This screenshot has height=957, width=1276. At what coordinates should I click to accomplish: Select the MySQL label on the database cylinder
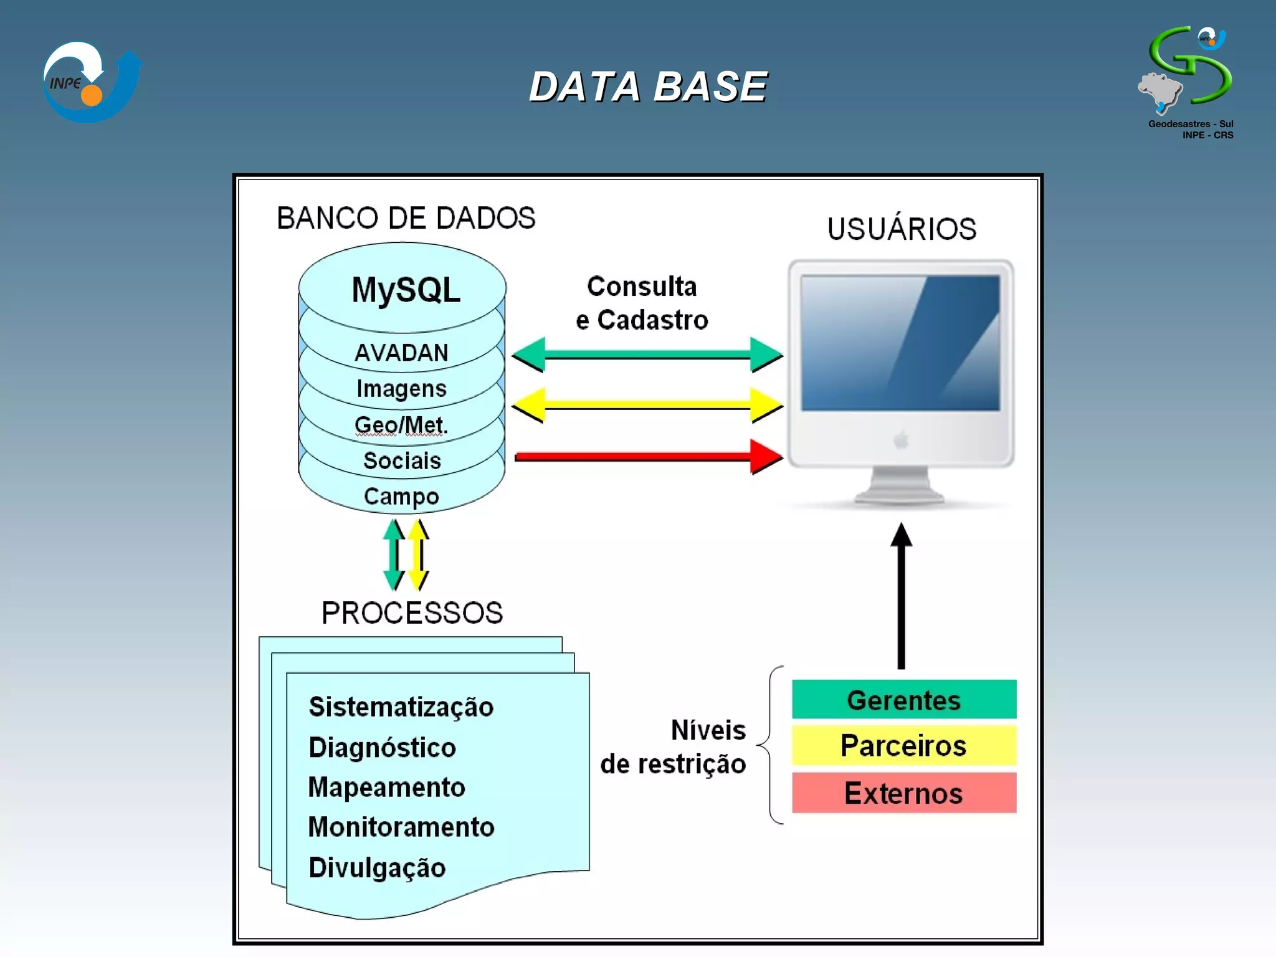click(x=406, y=290)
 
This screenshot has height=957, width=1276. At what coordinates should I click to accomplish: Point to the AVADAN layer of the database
click(x=401, y=353)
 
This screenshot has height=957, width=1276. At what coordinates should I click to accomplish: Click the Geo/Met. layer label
click(x=401, y=425)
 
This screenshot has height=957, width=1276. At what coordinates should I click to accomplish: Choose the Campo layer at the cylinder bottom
click(x=401, y=497)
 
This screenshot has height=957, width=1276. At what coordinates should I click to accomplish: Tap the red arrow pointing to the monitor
click(x=648, y=457)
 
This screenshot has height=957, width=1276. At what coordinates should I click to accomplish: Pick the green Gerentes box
click(x=904, y=700)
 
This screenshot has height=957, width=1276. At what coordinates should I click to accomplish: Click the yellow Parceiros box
click(x=904, y=745)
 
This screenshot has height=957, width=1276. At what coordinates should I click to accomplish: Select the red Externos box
click(x=904, y=793)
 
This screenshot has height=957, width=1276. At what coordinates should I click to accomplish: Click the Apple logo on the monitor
click(x=901, y=440)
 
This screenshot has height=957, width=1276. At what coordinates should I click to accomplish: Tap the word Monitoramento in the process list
click(x=401, y=827)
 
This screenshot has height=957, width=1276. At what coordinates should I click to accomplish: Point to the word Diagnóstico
click(x=383, y=748)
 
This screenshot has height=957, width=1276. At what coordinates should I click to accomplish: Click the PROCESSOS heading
click(x=412, y=613)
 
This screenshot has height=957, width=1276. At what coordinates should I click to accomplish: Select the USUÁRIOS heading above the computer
click(x=902, y=229)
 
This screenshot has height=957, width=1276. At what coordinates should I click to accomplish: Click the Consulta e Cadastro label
click(x=642, y=303)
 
